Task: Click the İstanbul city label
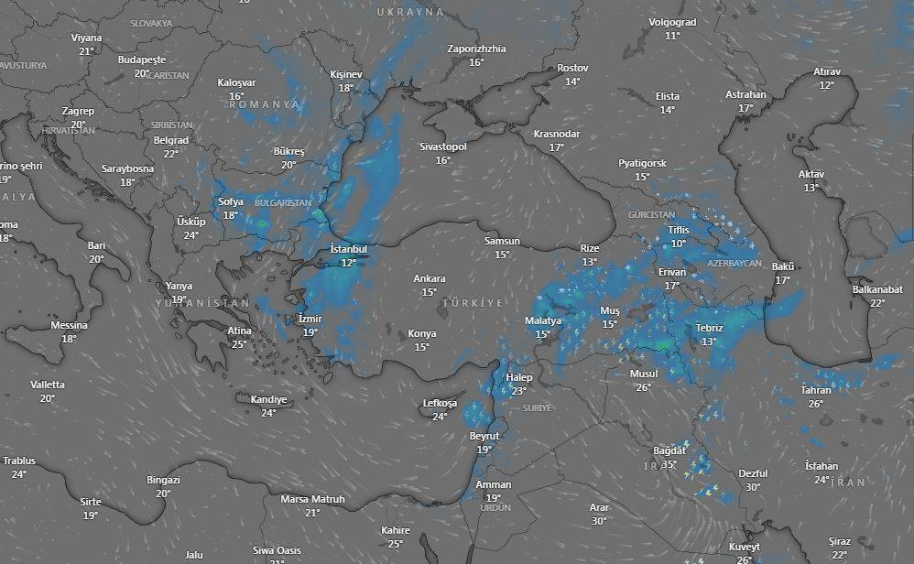pos(348,249)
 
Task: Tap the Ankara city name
pos(430,278)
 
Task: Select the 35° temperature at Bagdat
pos(669,465)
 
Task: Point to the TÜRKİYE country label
pos(473,302)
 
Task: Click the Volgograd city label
pos(672,22)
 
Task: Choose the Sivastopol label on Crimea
pos(443,146)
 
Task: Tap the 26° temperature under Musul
pos(644,387)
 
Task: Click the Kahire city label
pos(396,530)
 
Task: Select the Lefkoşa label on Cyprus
pos(440,403)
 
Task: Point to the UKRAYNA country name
pos(410,12)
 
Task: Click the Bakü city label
pos(782,266)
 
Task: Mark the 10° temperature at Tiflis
pos(678,244)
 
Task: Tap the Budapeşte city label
pos(141,60)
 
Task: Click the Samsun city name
pos(502,241)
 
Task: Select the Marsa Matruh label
pos(312,499)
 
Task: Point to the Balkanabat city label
pos(877,289)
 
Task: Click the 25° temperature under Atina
pos(239,344)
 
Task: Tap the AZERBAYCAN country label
pos(734,263)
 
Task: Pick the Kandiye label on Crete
pos(268,399)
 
